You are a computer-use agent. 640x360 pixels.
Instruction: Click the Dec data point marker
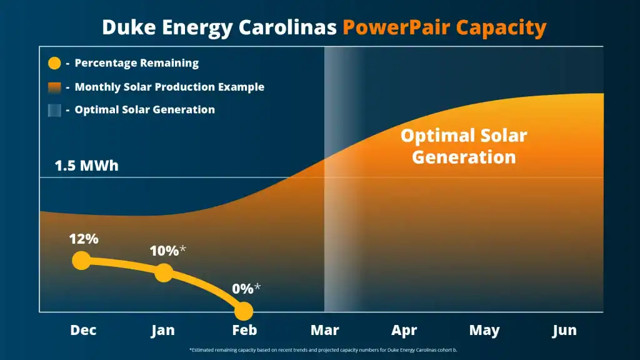click(x=81, y=260)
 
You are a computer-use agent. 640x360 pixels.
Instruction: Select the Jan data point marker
click(x=163, y=272)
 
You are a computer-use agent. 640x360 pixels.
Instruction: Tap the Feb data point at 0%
click(x=243, y=311)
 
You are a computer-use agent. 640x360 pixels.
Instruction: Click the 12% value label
click(x=84, y=239)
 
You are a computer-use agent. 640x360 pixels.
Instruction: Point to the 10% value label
click(x=164, y=251)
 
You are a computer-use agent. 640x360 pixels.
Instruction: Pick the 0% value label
click(x=243, y=289)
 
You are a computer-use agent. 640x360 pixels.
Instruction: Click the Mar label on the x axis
click(x=325, y=330)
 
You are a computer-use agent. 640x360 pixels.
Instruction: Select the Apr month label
click(x=404, y=330)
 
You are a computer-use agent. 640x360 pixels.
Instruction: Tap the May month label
click(x=484, y=330)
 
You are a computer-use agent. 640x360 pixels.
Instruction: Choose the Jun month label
click(x=564, y=330)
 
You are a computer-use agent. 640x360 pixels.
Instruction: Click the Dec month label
click(x=83, y=330)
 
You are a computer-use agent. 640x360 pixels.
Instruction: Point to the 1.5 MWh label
click(x=86, y=166)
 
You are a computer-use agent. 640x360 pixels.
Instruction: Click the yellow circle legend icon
click(x=54, y=63)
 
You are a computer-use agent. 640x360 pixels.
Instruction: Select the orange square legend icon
click(x=54, y=87)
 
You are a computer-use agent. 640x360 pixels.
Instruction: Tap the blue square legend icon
click(x=54, y=110)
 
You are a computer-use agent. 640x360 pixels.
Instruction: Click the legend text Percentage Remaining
click(x=136, y=63)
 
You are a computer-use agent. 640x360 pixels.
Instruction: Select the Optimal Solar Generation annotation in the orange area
click(x=464, y=146)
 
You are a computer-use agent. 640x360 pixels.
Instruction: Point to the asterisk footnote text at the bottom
click(x=323, y=350)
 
